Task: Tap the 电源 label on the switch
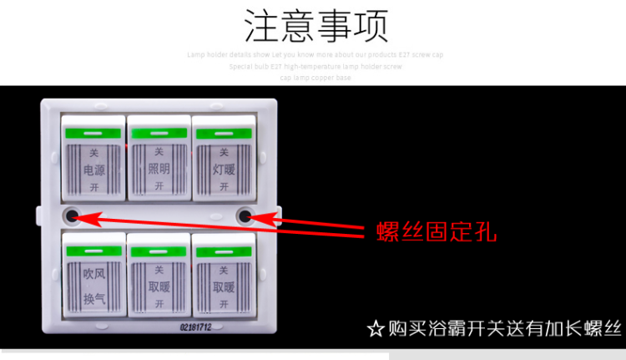(x=94, y=170)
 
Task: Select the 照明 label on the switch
(x=159, y=170)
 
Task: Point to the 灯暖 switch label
(x=224, y=170)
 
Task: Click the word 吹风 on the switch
(x=94, y=273)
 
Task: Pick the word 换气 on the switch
(x=94, y=297)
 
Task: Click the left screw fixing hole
(x=73, y=216)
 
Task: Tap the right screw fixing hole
(x=245, y=217)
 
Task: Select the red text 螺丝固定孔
(x=436, y=231)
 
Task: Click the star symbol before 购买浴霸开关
(x=376, y=328)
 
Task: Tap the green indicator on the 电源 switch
(x=93, y=133)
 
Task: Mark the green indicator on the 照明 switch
(x=159, y=133)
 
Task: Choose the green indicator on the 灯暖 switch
(x=224, y=133)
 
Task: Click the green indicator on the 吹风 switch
(x=93, y=251)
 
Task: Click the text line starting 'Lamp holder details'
(x=316, y=54)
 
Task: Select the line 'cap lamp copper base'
(x=316, y=78)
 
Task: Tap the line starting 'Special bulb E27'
(x=316, y=66)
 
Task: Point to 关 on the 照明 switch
(x=159, y=153)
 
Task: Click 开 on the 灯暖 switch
(x=224, y=186)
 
